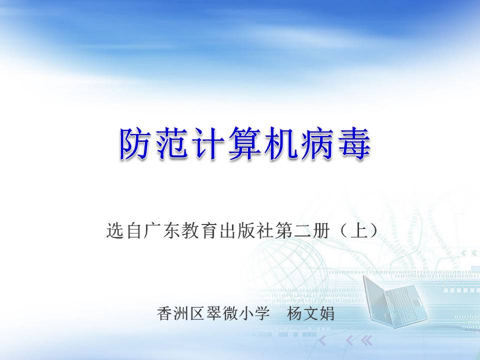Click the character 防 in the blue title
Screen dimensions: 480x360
[x=136, y=144]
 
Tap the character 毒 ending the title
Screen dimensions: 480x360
[x=354, y=144]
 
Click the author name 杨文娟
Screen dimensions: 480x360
[x=310, y=313]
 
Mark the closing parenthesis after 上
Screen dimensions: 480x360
[x=374, y=230]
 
